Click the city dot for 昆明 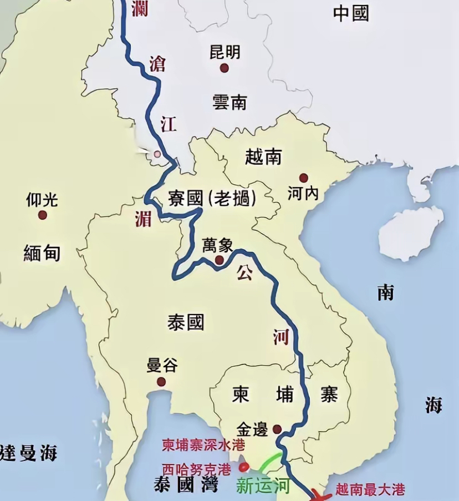224,68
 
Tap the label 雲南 229,102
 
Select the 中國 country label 351,14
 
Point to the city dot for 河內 303,178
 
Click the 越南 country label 263,157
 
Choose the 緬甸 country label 42,253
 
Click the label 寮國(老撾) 211,198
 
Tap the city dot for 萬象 220,260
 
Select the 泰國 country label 186,322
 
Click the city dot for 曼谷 161,382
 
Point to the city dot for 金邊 277,429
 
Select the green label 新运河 263,486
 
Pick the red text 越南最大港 370,490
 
